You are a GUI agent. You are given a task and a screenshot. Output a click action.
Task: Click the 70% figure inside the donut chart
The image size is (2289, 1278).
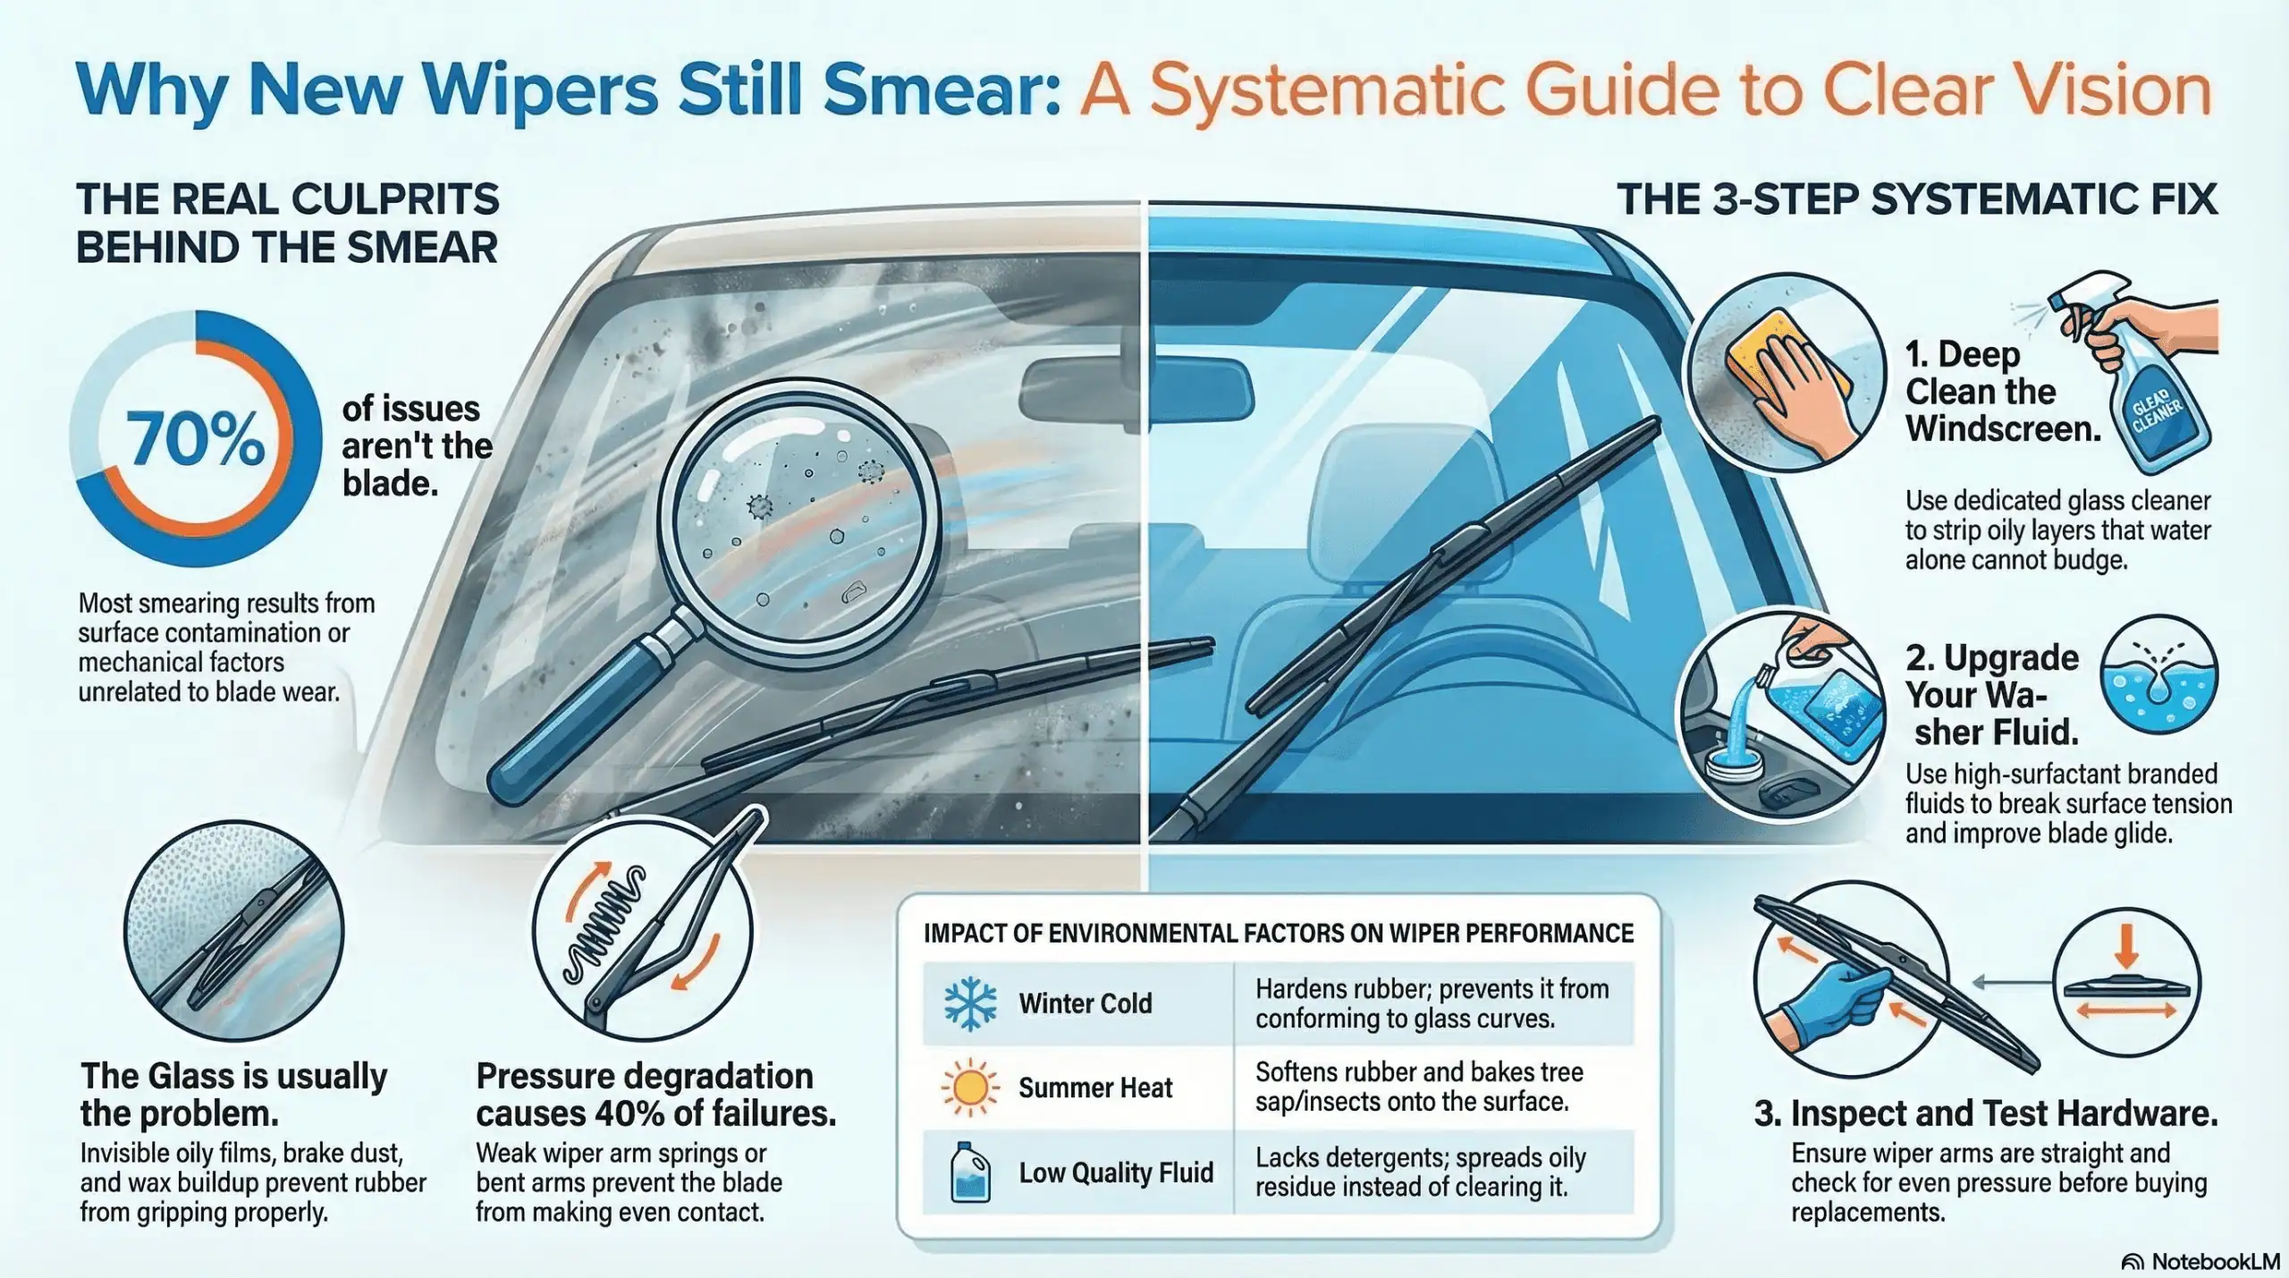pos(196,438)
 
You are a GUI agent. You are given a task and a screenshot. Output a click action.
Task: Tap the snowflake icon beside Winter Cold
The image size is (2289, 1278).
pos(970,1003)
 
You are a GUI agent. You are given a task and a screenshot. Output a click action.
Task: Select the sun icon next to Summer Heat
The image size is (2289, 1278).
pos(970,1088)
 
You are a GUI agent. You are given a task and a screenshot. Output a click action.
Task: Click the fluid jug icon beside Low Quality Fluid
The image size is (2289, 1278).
pos(971,1172)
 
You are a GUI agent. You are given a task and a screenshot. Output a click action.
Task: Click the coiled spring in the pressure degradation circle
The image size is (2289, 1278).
pos(607,921)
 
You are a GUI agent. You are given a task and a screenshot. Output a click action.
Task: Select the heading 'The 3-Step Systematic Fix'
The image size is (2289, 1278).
pos(1917,199)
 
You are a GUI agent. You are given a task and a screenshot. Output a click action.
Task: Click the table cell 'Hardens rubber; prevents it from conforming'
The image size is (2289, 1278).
pos(1432,1003)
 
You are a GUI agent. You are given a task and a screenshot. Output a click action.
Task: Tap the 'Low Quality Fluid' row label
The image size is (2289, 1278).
pos(1116,1172)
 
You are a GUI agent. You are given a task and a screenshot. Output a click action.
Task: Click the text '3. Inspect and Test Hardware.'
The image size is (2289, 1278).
pos(1986,1113)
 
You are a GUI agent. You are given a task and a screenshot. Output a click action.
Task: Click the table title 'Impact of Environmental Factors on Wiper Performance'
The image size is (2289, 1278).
pos(1279,933)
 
